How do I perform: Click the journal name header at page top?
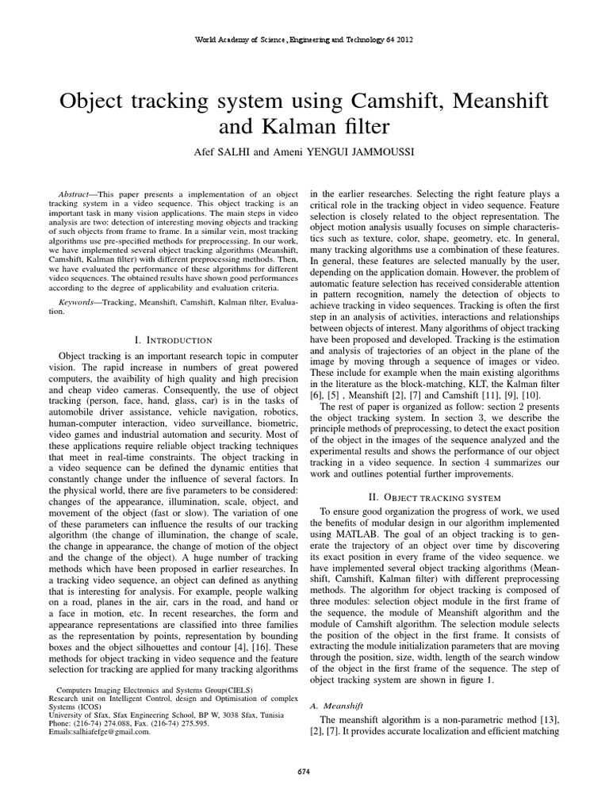click(x=304, y=39)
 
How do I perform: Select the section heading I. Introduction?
click(x=170, y=340)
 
